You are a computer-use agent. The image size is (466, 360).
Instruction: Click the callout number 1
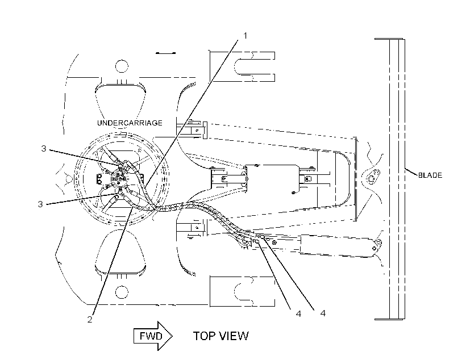point(245,36)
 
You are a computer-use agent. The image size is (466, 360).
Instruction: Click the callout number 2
point(90,319)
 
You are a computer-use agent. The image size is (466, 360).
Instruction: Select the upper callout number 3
point(44,149)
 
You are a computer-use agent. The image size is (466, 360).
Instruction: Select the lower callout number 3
point(40,204)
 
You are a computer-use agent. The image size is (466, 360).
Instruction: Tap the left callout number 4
point(299,313)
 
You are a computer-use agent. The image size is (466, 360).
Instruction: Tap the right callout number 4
point(323,313)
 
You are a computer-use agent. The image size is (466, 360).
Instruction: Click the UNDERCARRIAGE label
point(130,123)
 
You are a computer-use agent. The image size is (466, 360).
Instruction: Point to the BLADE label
point(430,175)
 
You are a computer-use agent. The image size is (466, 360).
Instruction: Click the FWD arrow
point(153,336)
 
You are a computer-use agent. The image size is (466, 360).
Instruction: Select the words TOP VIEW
point(221,336)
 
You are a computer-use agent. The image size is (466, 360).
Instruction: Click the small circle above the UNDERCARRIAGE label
point(121,66)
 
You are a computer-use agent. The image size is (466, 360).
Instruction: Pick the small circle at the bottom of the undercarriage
point(121,292)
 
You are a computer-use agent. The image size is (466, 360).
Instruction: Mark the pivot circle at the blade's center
point(371,178)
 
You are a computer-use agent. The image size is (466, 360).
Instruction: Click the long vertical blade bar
point(397,179)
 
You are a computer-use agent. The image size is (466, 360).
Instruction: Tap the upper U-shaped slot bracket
point(242,66)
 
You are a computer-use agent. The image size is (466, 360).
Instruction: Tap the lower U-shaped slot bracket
point(242,291)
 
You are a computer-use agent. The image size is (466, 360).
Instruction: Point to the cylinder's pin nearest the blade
point(375,248)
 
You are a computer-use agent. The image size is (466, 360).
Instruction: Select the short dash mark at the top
point(165,53)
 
